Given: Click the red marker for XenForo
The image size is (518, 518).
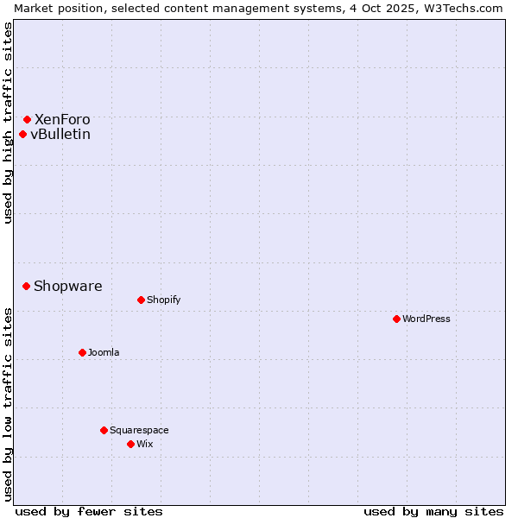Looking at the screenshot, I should point(27,119).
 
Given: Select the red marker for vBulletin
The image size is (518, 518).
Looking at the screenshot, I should point(22,134).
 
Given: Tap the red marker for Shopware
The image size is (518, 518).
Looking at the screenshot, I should point(26,286).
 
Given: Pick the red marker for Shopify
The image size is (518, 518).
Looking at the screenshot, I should point(141,300).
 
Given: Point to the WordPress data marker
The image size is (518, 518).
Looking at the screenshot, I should point(396,319).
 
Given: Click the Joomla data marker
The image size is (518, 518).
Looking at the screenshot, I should point(82,352).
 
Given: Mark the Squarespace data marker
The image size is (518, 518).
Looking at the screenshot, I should point(104,430).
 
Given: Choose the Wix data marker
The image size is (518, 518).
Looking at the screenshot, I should point(130,444).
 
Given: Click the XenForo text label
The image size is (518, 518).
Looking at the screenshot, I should point(62,119).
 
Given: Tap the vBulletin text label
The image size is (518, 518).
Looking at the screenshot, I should point(60,134).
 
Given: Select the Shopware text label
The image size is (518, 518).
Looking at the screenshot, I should point(68,286).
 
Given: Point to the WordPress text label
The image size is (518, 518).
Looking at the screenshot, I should point(426,319).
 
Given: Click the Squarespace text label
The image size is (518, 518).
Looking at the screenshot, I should point(139,430).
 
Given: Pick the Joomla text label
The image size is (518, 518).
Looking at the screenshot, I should point(104,352).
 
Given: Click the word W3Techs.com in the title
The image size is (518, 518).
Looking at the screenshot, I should point(465,8).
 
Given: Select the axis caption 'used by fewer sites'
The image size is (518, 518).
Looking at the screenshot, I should point(89,511).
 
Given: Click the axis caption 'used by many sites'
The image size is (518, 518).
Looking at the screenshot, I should point(433,511).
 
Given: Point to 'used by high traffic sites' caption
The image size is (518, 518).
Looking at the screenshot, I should point(8,123).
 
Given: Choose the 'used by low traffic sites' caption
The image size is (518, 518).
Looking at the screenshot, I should point(8,404).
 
